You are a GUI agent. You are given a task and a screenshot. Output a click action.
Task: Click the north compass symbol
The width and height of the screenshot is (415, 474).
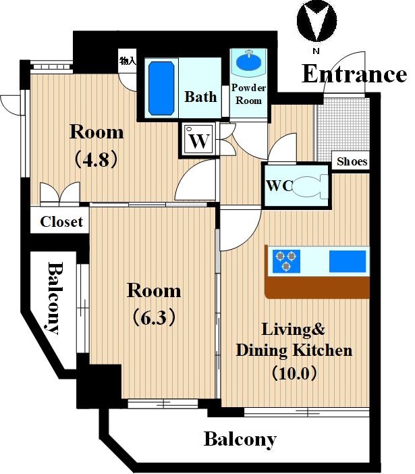point(316,21)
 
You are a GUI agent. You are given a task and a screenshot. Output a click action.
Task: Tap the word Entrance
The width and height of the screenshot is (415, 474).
point(354,74)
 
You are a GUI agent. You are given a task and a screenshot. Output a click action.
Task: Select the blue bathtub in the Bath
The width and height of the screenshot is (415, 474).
point(161,88)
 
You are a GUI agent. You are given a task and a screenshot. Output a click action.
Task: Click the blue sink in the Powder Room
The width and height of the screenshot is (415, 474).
point(249,61)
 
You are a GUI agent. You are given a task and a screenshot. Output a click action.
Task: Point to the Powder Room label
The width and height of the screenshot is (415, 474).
point(248,94)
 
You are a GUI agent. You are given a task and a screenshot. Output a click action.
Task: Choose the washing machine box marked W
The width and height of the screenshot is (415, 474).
point(199,140)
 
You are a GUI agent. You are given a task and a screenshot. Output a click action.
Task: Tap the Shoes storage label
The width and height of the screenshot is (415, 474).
point(352,161)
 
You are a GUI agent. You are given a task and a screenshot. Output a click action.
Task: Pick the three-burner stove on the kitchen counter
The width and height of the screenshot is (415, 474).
point(286,261)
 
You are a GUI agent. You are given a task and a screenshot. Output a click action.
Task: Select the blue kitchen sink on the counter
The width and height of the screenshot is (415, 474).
point(348,261)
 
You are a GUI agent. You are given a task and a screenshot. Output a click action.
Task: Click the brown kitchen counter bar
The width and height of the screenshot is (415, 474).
point(317,287)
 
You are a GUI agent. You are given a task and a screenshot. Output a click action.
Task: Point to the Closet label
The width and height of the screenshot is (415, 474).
point(61,222)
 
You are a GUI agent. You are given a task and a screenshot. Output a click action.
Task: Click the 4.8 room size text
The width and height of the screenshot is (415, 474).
point(96,159)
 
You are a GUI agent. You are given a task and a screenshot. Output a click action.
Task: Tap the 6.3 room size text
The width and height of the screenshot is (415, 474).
point(154,318)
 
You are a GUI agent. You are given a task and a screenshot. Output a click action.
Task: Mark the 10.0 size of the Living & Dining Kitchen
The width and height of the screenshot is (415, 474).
point(294,373)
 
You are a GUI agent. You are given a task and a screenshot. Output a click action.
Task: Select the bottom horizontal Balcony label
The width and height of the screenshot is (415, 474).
point(240,440)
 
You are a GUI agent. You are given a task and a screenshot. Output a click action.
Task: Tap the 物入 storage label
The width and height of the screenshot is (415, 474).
point(128,61)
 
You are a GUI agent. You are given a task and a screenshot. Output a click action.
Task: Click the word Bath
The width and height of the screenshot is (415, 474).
point(201,97)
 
